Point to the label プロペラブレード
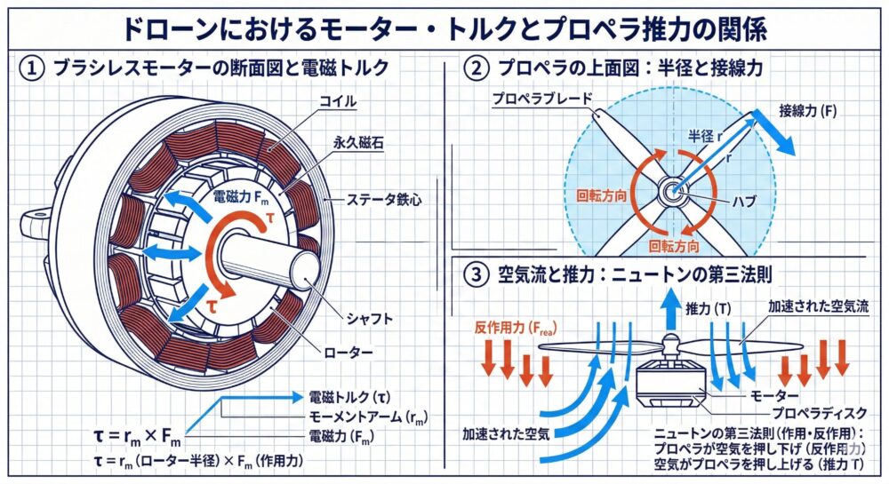(533, 100)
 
